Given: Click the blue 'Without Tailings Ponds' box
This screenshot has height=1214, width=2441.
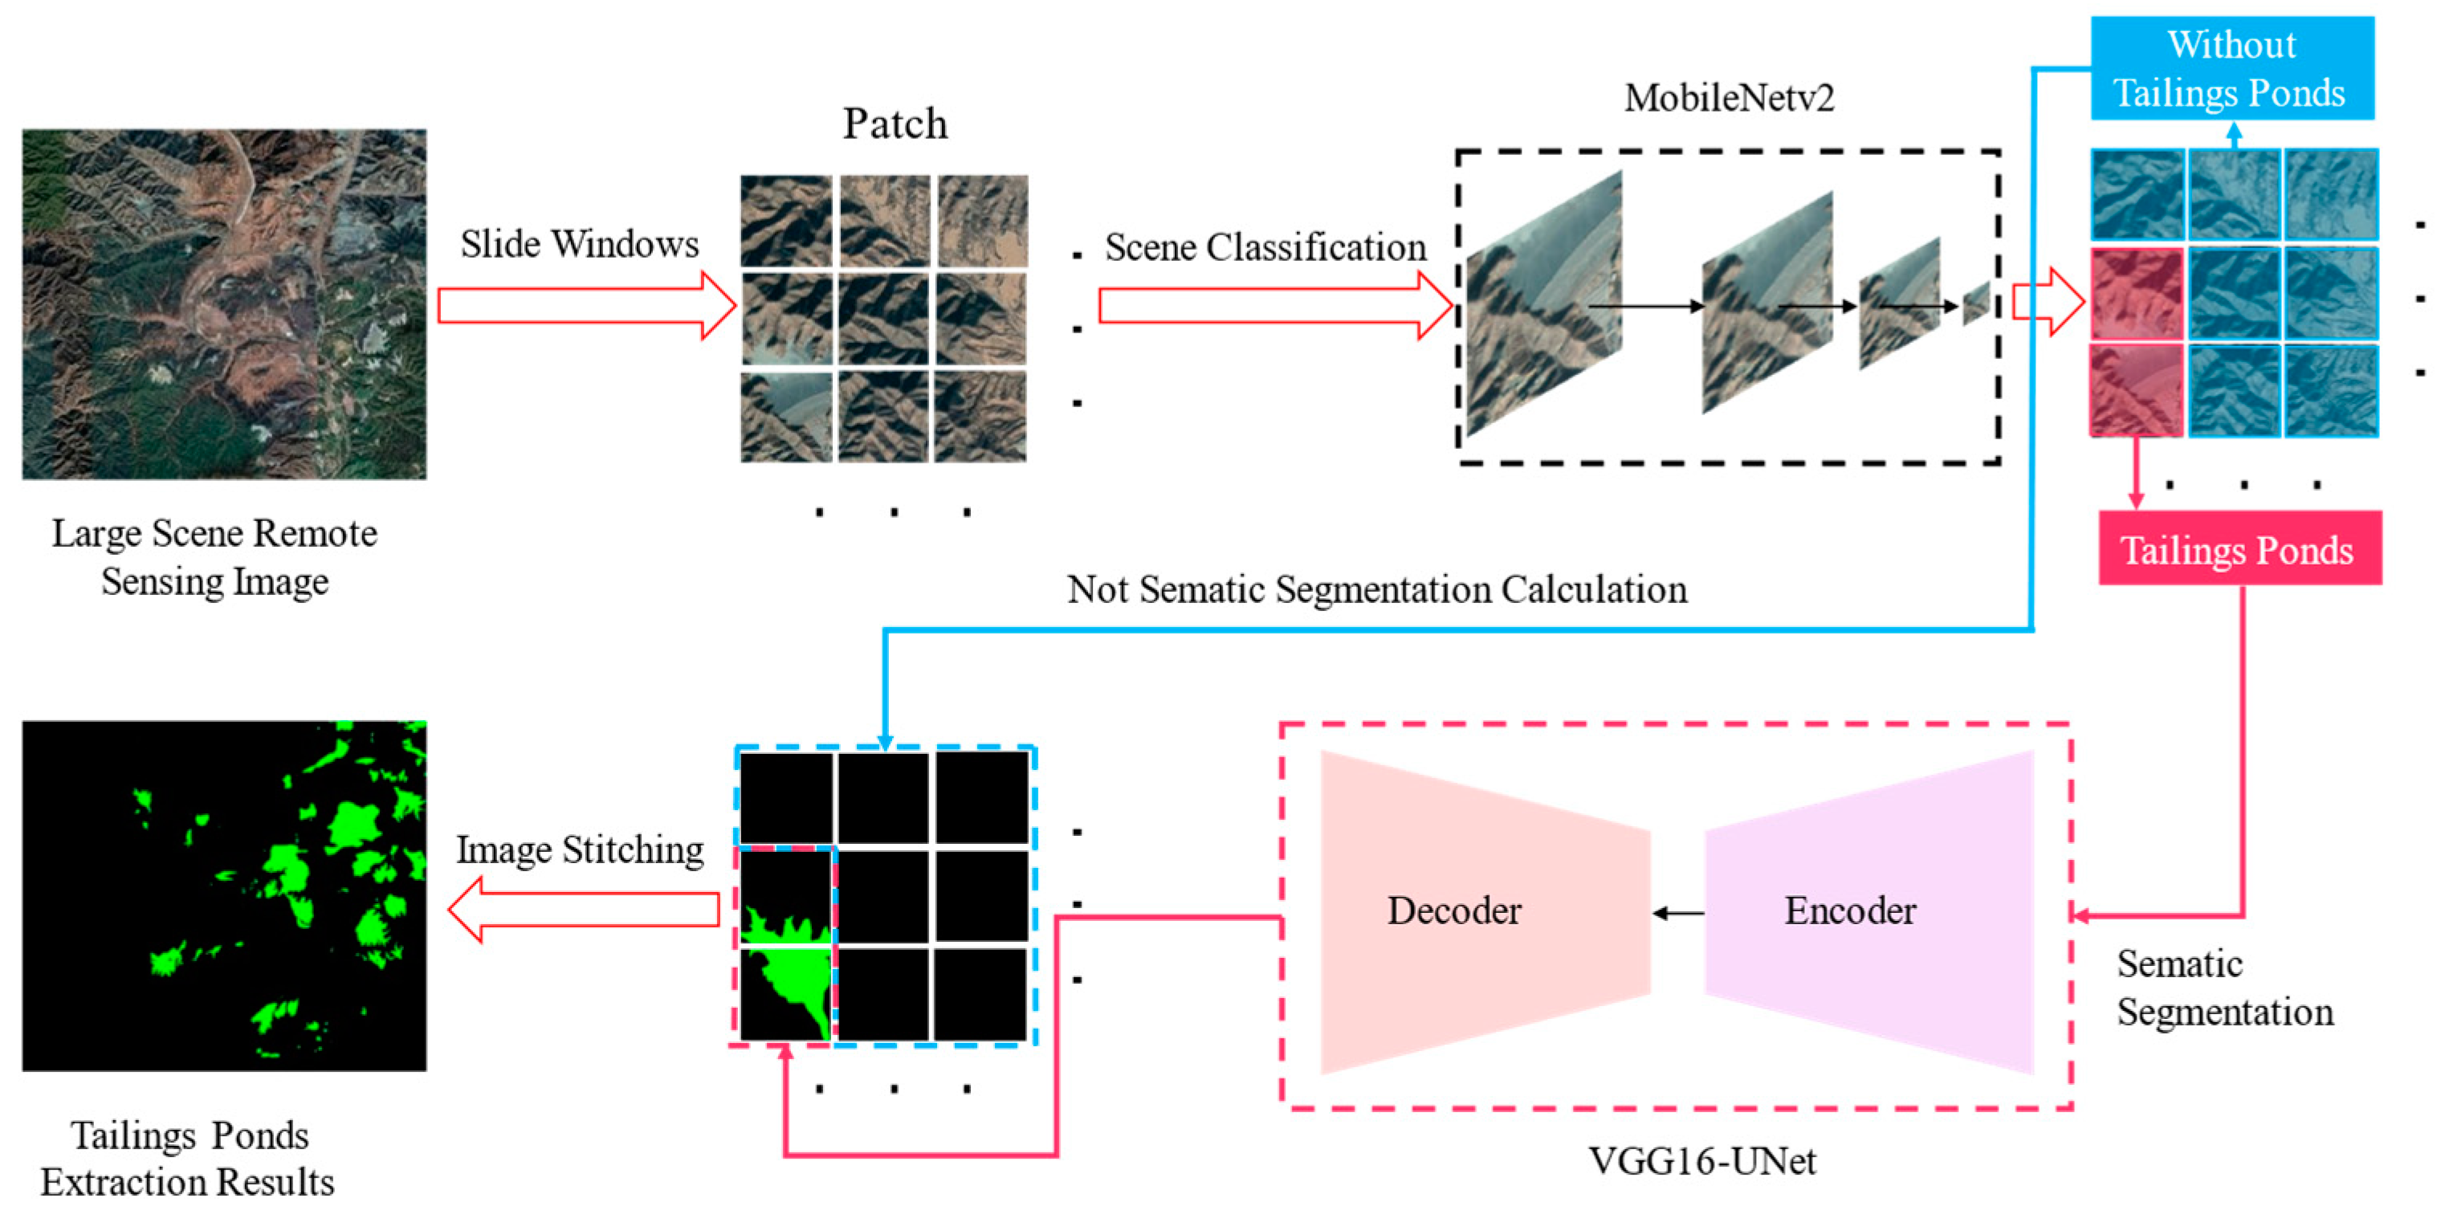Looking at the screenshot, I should [x=2231, y=68].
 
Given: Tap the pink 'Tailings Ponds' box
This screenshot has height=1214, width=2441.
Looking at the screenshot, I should [x=2239, y=548].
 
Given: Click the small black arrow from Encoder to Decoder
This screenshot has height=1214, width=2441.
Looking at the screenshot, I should [x=1677, y=913].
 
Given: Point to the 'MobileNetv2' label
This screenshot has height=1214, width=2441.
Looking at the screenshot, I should [x=1729, y=98].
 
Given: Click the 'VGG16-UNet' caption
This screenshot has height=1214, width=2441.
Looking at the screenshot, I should [x=1702, y=1161].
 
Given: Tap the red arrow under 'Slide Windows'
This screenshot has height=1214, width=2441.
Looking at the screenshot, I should [x=585, y=305].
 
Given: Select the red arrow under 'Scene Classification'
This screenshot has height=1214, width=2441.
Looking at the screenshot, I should [x=1274, y=305].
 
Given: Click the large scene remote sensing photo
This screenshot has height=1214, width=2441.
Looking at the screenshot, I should [x=225, y=304].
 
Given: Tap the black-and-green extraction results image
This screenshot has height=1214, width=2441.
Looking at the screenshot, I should [x=225, y=895].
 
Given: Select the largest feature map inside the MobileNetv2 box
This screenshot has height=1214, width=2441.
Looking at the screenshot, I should [x=1542, y=303].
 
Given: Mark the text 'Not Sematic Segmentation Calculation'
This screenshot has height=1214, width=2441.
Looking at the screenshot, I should [x=1376, y=589].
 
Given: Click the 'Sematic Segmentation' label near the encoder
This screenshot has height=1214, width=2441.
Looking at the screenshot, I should [x=2223, y=988].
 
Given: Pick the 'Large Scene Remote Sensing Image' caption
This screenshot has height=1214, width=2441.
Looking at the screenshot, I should [x=215, y=557].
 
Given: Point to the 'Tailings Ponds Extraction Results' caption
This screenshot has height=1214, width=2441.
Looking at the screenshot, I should [x=188, y=1158].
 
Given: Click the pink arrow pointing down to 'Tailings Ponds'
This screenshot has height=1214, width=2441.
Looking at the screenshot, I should [x=2136, y=474].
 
